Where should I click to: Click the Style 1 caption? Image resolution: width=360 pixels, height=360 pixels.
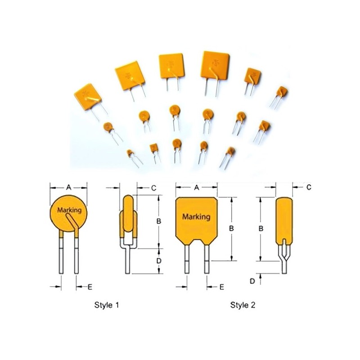coord(107,305)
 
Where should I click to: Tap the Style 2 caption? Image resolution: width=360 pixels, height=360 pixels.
coord(243,305)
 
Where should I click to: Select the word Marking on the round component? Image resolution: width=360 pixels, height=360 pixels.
coord(69,210)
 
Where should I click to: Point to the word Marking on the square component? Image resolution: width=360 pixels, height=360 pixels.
coord(196,216)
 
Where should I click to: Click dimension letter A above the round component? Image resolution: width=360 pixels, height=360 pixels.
coord(68,186)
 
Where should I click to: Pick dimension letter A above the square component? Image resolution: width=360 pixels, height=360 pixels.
coord(196,188)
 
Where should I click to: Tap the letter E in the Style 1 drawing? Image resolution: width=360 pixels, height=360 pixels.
coord(90,286)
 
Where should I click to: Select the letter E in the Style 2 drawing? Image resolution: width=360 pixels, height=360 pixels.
coord(221,286)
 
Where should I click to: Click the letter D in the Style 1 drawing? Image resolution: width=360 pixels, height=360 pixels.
coord(158,261)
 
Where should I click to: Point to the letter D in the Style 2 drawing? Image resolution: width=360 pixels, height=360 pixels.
coord(252,281)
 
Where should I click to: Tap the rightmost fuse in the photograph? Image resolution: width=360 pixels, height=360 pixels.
coord(282,92)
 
